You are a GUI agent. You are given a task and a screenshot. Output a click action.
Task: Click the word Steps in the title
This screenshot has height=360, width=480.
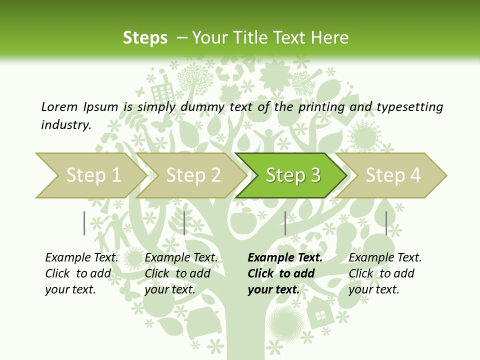pos(145,38)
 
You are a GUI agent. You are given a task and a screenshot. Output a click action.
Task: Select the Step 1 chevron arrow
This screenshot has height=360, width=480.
pos(90,175)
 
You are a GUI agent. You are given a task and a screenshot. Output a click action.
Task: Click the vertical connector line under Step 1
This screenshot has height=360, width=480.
pos(84,223)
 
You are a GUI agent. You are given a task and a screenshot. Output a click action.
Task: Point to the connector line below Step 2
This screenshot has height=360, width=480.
pos(184,223)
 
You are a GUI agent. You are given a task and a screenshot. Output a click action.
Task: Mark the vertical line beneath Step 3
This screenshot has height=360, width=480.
pos(285,223)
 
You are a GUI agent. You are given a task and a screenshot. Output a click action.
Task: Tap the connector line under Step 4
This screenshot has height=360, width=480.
pos(386,223)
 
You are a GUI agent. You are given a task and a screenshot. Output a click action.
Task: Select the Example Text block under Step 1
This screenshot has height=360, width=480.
pos(81,273)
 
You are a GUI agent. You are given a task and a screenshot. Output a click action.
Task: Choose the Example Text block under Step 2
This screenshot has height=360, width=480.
pos(181,273)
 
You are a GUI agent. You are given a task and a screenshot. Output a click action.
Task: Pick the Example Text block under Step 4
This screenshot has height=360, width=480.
pos(385,273)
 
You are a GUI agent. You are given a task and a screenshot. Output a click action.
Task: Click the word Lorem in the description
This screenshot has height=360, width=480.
pos(59,107)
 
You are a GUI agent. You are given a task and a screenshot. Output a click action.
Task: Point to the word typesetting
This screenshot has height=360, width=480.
pos(409,107)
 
